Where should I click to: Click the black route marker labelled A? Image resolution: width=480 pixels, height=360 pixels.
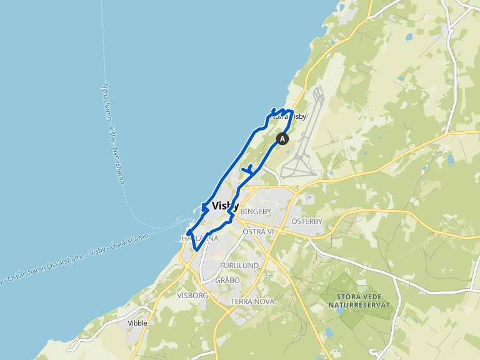tap(282, 139)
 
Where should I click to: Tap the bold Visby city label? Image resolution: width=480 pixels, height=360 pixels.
tap(225, 206)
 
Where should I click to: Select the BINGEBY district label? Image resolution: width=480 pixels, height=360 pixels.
tap(255, 212)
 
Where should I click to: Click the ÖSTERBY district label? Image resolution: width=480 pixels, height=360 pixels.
tap(306, 222)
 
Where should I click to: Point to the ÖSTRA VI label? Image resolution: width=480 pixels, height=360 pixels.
tap(258, 232)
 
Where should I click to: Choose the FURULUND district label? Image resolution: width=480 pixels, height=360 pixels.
tap(239, 266)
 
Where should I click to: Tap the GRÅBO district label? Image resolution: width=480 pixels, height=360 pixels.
tap(227, 281)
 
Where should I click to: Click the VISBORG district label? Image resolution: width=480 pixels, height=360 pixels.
tap(192, 295)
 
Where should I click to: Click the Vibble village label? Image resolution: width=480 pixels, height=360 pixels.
tap(137, 323)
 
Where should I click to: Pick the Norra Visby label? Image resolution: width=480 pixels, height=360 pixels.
tap(288, 116)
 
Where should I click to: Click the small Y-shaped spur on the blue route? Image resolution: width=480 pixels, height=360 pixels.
tap(248, 169)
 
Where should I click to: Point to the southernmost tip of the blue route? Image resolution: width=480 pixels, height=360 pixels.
tap(197, 251)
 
